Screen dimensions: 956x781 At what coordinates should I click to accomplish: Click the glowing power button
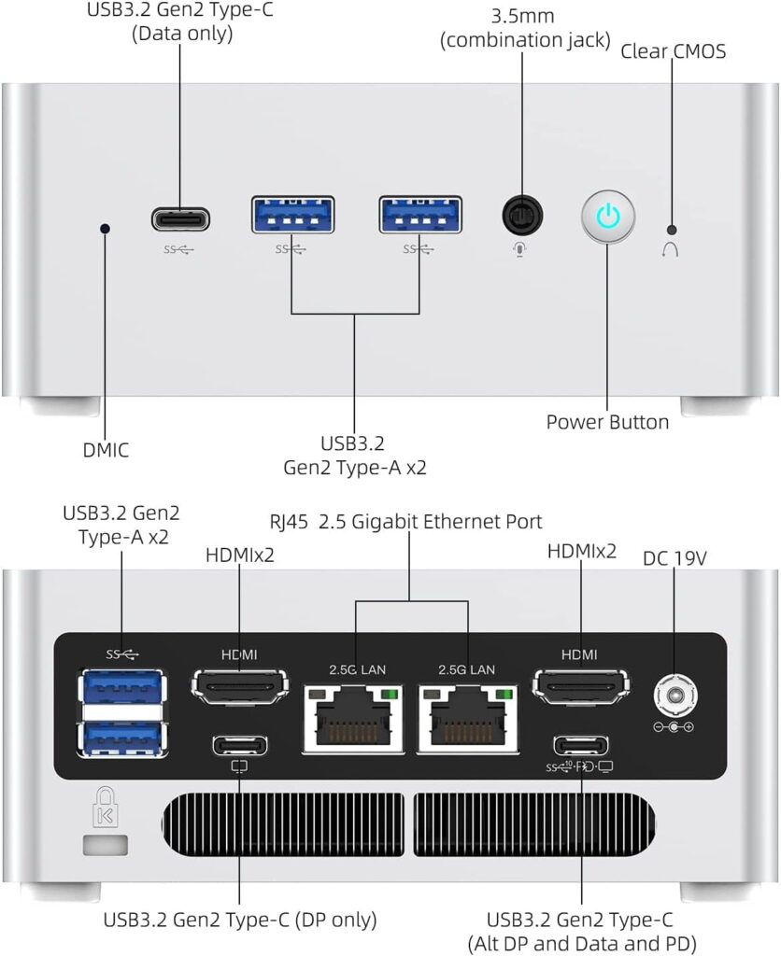608,218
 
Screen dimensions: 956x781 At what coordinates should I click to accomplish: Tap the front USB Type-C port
180,219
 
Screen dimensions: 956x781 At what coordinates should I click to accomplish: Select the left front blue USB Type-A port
292,215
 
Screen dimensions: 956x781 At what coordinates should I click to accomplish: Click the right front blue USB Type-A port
419,215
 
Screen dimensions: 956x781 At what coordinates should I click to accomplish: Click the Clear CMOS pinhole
671,230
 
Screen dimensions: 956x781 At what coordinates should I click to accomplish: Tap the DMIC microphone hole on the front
105,227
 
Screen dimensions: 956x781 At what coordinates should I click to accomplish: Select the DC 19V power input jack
674,696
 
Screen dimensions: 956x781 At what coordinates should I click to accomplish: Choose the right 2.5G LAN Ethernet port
467,718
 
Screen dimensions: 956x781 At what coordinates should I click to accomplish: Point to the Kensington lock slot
97,847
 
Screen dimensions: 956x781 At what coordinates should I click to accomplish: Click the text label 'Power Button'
607,422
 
